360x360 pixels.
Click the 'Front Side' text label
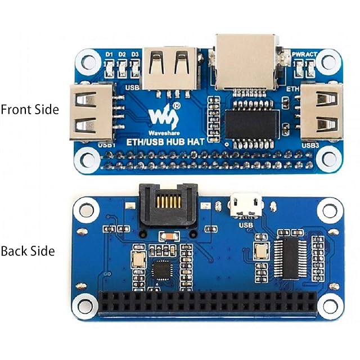click(29, 109)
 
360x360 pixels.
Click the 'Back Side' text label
click(28, 251)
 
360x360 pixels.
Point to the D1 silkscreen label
click(110, 55)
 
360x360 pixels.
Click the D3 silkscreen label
click(135, 55)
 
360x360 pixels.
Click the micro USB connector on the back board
click(246, 205)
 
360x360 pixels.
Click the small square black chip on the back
click(162, 270)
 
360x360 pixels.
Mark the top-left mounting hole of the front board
click(87, 60)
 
